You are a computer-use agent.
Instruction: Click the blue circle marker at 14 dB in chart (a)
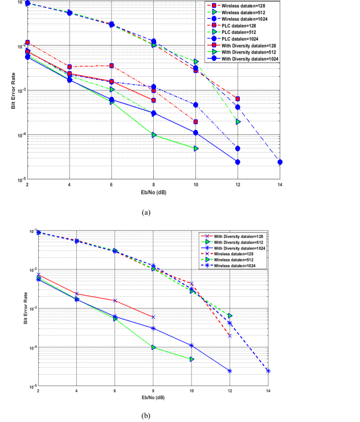(x=280, y=162)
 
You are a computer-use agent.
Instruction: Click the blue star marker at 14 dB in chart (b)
(x=268, y=371)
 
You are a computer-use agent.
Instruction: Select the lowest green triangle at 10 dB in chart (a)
(x=196, y=148)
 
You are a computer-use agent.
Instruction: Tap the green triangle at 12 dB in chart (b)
(x=230, y=316)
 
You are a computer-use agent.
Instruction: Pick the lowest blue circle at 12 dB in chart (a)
(x=238, y=162)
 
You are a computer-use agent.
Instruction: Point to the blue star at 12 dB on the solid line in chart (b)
(x=230, y=371)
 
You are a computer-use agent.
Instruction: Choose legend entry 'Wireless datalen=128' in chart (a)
(x=245, y=6)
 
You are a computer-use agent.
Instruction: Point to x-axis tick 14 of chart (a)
(x=280, y=184)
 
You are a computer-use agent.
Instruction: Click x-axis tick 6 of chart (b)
(x=114, y=392)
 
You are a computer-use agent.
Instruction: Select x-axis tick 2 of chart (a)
(x=27, y=184)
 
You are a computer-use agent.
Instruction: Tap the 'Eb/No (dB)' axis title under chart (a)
(x=153, y=191)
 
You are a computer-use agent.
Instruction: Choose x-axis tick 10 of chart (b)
(x=191, y=392)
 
